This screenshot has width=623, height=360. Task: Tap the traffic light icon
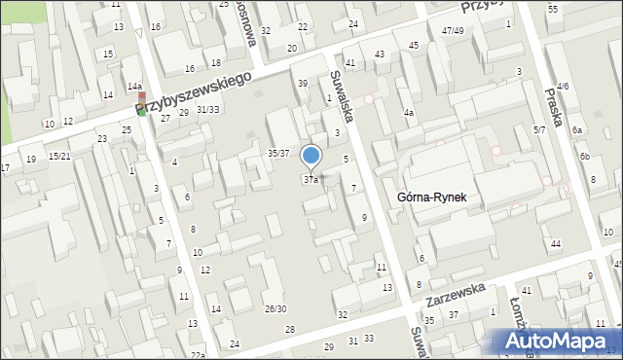click(142, 103)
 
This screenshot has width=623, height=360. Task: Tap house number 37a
click(311, 180)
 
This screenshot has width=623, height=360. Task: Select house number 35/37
click(278, 153)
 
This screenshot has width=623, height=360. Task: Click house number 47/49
click(452, 31)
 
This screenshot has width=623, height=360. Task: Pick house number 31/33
click(207, 109)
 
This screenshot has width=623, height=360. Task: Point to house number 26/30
click(275, 308)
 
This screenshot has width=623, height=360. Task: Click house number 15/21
click(59, 156)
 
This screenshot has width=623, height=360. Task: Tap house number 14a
click(134, 88)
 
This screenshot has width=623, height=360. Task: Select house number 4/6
click(564, 87)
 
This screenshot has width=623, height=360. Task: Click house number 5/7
click(539, 129)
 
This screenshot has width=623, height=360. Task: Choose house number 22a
click(198, 355)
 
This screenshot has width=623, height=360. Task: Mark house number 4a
click(410, 113)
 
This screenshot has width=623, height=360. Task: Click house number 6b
click(585, 156)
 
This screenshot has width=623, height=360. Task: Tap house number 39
click(303, 84)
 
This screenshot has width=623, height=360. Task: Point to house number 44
click(555, 243)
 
